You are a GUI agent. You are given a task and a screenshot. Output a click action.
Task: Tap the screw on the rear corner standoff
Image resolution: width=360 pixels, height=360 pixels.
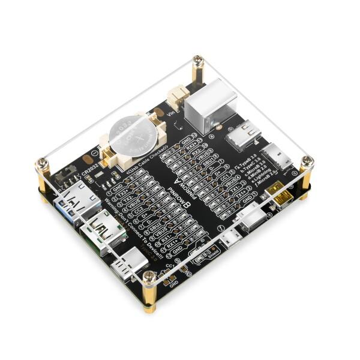pyautogui.click(x=197, y=60)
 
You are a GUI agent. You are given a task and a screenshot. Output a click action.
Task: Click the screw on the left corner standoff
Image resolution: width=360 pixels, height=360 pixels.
pyautogui.click(x=43, y=162)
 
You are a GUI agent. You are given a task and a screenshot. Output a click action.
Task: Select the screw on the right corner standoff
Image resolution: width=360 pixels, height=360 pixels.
pyautogui.click(x=307, y=160)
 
